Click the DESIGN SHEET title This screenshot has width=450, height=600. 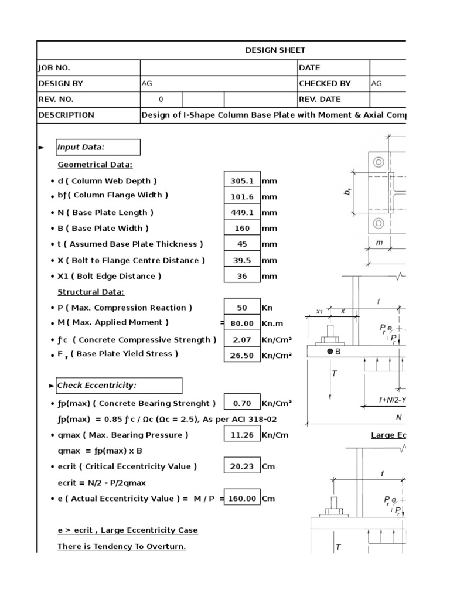[x=275, y=51]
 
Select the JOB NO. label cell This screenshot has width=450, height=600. [x=54, y=68]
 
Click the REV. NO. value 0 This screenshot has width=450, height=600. [x=161, y=100]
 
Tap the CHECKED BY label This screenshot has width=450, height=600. [x=325, y=84]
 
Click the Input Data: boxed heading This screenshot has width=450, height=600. [x=81, y=147]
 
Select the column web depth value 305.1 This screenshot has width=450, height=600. [x=241, y=181]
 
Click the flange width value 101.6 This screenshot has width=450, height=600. [x=241, y=197]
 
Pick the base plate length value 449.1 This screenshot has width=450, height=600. [x=241, y=213]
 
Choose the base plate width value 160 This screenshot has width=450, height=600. [x=241, y=229]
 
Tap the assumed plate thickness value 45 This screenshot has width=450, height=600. [x=241, y=244]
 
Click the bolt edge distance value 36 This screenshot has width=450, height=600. [x=241, y=276]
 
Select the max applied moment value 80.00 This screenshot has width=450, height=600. [x=241, y=323]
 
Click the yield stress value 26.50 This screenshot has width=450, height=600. [x=241, y=355]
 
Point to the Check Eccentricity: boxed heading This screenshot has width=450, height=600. [x=96, y=386]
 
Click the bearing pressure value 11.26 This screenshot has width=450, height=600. [x=241, y=435]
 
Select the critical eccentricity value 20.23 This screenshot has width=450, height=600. [x=241, y=466]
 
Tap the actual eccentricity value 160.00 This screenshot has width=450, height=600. [x=241, y=499]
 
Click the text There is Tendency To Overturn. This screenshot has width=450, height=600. [x=121, y=546]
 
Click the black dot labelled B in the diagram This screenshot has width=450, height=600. [x=330, y=351]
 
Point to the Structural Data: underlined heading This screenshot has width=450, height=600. [x=91, y=292]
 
